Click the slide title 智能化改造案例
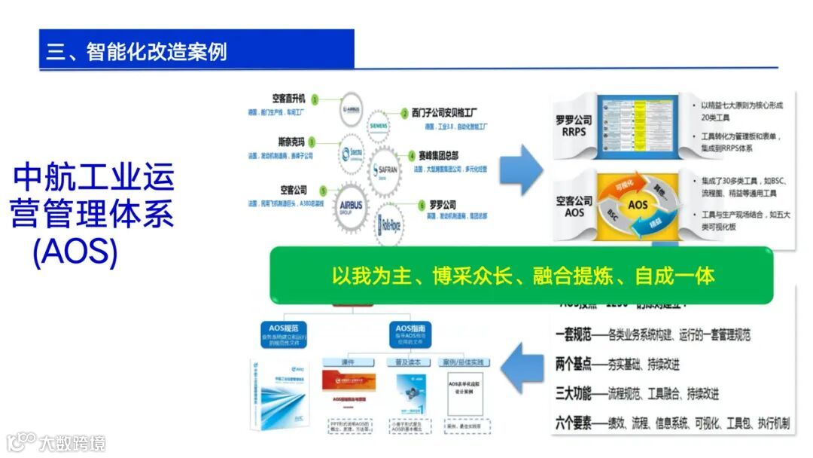(x=136, y=51)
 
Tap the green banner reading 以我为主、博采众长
(x=522, y=275)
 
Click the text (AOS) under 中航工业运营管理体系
(x=75, y=252)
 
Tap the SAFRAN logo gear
(x=386, y=170)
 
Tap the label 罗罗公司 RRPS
(x=574, y=126)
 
